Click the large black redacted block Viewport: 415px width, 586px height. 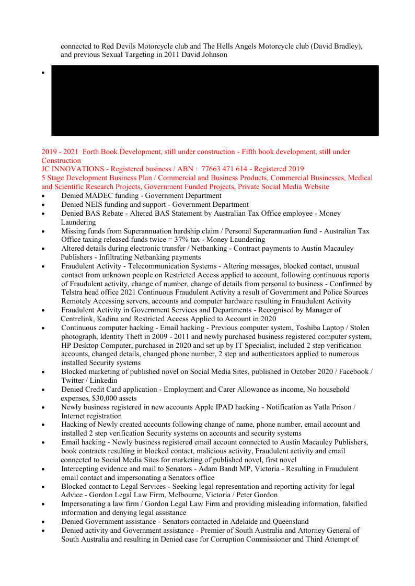click(215, 100)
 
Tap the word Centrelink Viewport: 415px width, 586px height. click(78, 319)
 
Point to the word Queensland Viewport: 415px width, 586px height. click(291, 521)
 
